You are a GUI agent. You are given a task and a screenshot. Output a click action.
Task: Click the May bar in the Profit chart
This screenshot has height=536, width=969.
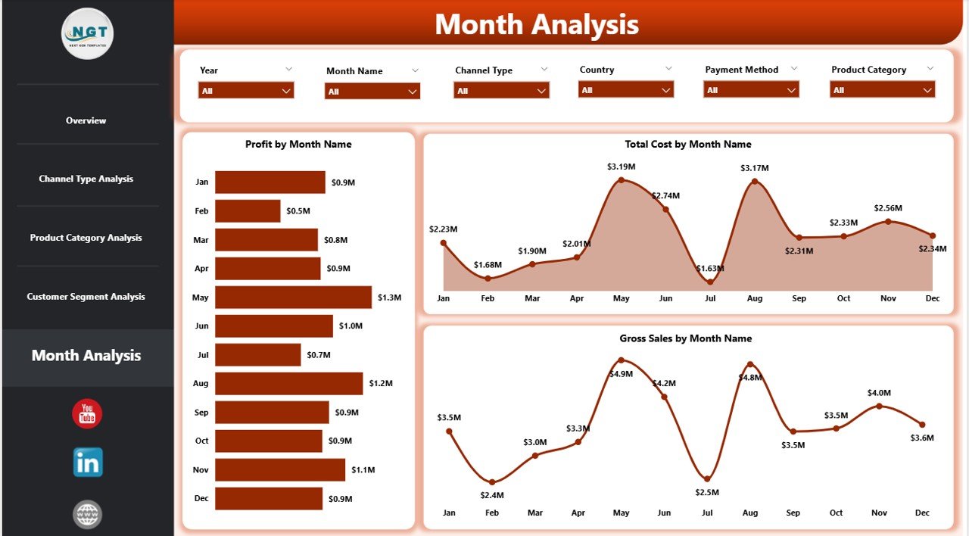tap(293, 298)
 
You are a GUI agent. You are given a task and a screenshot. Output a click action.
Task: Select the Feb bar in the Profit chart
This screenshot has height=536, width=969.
tap(248, 211)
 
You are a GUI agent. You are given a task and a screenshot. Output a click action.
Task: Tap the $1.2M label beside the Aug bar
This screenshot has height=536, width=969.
tap(381, 384)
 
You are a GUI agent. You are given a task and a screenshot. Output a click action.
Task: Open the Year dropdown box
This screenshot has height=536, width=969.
tap(246, 91)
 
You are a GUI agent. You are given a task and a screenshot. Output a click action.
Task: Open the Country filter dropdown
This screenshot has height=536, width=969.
tap(625, 90)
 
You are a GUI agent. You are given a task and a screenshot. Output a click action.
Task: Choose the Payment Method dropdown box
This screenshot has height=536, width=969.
tap(751, 90)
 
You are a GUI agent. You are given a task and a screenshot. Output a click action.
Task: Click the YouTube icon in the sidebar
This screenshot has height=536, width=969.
tap(87, 414)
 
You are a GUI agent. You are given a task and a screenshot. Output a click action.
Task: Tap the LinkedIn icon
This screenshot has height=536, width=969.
tap(88, 463)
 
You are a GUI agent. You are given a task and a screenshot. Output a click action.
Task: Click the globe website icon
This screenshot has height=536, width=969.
tap(87, 515)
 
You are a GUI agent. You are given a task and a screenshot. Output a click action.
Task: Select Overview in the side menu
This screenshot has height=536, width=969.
tap(86, 120)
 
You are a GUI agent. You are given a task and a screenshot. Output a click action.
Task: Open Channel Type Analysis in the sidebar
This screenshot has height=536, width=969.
tap(86, 179)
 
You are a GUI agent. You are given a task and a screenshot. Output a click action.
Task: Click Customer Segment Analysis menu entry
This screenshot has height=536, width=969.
tap(86, 297)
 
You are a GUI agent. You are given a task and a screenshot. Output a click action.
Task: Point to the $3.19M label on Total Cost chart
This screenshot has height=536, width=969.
tap(621, 167)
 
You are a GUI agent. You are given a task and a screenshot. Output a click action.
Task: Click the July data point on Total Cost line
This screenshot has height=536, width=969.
tap(710, 282)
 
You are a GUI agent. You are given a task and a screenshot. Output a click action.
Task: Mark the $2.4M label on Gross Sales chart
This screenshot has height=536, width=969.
tap(492, 495)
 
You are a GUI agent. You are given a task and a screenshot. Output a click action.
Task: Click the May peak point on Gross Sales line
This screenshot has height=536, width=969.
tap(621, 360)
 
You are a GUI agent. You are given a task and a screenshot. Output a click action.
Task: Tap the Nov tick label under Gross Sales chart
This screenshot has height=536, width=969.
tap(879, 513)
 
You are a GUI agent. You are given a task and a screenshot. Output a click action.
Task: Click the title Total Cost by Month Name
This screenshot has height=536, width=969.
tap(687, 144)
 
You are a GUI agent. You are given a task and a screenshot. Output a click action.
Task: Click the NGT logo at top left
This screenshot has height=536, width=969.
tap(87, 33)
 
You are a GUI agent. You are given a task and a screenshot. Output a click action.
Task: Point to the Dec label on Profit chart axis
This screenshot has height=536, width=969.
tap(201, 498)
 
